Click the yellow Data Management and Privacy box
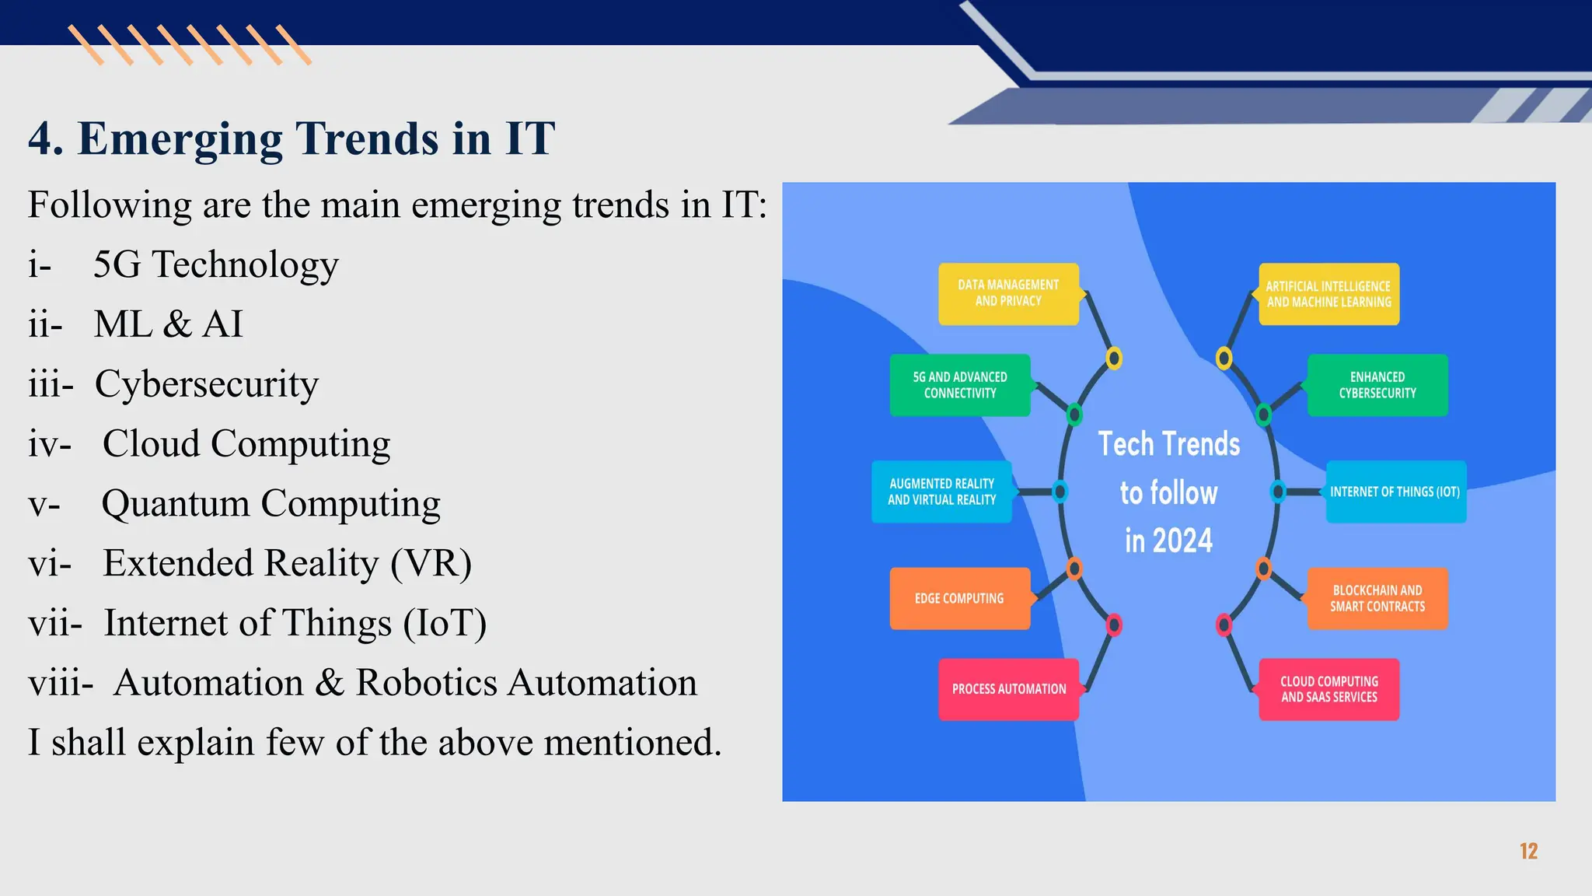1008,293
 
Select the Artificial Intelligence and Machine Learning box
1328,294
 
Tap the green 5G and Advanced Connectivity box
960,385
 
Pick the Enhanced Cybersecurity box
1377,385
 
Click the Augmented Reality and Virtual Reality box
941,492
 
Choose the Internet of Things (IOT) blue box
1395,492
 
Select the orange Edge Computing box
959,598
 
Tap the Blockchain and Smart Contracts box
1377,598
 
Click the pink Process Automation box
1008,689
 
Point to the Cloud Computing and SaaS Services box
1328,689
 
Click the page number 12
1528,851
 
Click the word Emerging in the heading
180,139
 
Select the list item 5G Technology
215,264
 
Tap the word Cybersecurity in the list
206,384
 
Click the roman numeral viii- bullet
60,684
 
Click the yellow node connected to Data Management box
1114,358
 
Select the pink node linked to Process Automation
1114,625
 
